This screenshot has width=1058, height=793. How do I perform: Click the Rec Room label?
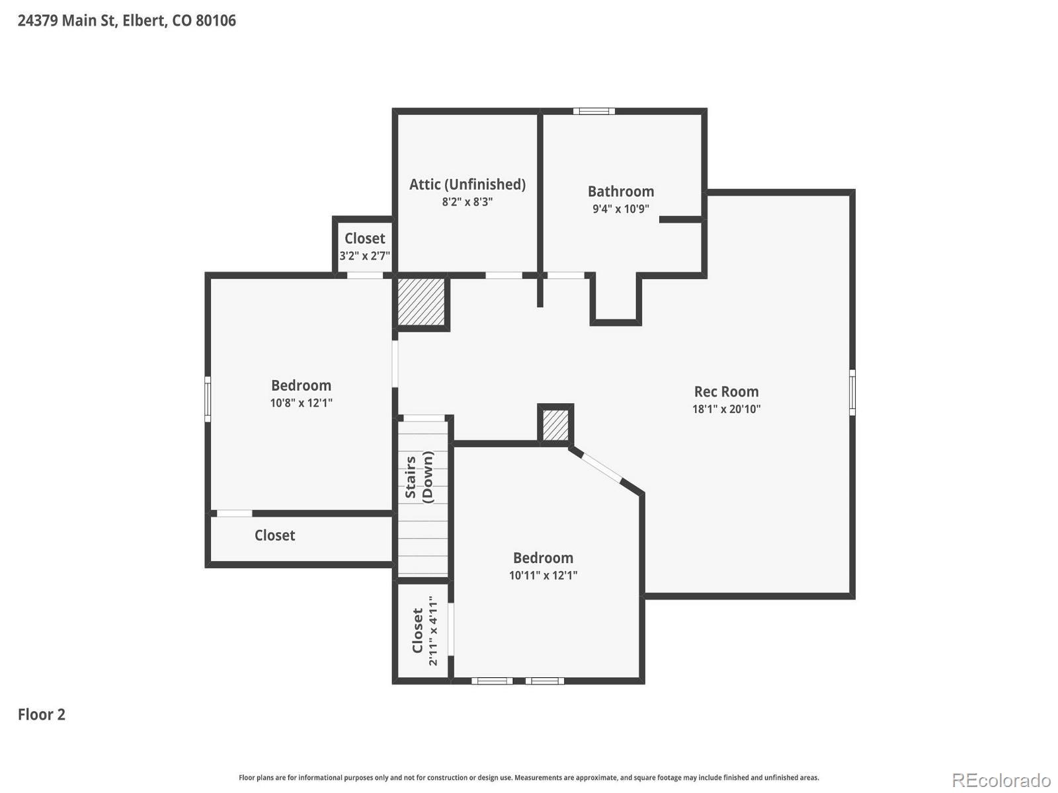[726, 391]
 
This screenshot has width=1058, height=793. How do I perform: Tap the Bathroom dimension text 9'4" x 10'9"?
[620, 209]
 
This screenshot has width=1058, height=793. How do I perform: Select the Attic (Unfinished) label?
[467, 184]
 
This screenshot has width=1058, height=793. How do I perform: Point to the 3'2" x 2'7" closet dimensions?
[364, 256]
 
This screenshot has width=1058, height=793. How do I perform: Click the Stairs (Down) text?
[419, 477]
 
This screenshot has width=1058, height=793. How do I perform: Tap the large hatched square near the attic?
[421, 301]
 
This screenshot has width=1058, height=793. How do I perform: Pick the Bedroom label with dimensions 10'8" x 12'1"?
[301, 385]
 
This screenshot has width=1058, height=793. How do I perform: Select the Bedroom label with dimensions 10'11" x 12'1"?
[543, 558]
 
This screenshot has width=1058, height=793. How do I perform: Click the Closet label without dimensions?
[274, 535]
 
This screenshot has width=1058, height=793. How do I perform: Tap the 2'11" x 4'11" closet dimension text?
[433, 630]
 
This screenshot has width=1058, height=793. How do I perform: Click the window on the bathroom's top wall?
[594, 111]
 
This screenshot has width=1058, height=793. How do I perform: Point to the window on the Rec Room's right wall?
[852, 393]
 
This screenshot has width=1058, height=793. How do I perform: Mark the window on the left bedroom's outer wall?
[208, 398]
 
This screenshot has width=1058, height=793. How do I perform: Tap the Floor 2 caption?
[42, 714]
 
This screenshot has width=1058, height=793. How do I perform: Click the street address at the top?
[126, 20]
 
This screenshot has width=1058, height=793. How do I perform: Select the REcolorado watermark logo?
[1000, 780]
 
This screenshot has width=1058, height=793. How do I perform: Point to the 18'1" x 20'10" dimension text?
[726, 409]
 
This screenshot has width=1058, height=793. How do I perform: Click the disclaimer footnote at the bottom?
[528, 778]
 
